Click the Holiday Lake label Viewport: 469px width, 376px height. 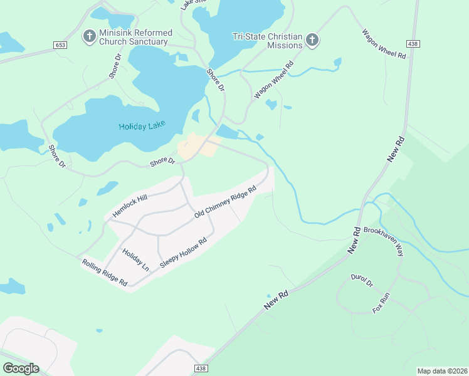click(142, 126)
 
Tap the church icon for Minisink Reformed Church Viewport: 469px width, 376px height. click(90, 36)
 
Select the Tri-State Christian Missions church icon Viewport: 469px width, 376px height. click(312, 41)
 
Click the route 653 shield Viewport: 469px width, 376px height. click(60, 45)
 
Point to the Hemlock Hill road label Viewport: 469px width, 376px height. click(129, 206)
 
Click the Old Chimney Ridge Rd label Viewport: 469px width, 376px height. click(225, 202)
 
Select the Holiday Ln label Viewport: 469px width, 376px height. click(135, 260)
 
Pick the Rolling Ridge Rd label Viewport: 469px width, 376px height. click(105, 273)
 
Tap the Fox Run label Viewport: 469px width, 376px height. click(381, 303)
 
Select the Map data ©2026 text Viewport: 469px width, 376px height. click(442, 370)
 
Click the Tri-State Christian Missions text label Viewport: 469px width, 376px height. click(267, 41)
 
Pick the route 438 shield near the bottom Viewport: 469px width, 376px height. click(200, 368)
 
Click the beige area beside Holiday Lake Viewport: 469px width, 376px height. click(192, 146)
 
